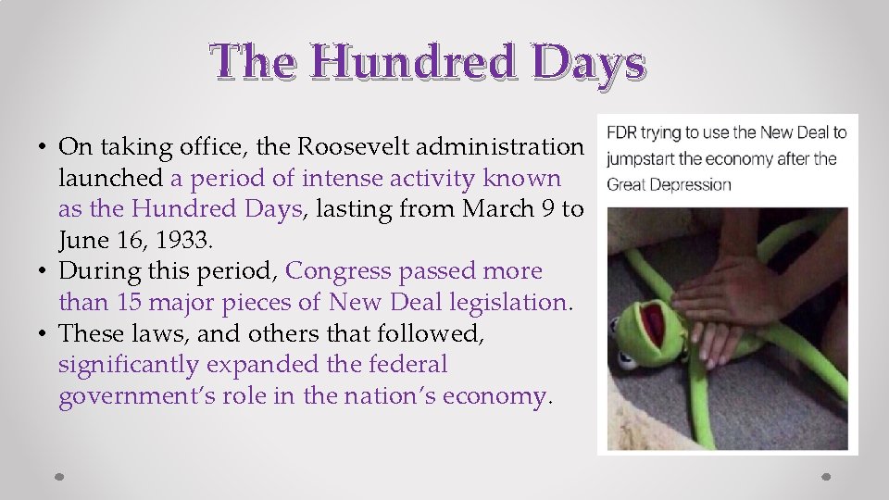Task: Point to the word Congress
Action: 339,271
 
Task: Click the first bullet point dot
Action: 44,148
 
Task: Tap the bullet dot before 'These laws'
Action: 44,334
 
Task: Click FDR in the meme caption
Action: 621,132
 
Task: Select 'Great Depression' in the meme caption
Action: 669,183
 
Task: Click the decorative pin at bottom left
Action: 59,476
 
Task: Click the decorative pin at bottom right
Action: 826,476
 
